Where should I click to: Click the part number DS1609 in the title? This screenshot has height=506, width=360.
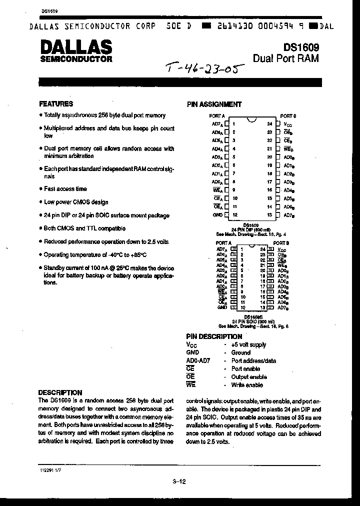(x=301, y=47)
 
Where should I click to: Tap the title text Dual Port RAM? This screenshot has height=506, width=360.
(x=285, y=59)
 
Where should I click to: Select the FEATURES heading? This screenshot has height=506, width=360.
(x=56, y=104)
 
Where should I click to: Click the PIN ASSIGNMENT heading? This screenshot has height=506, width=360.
(x=214, y=104)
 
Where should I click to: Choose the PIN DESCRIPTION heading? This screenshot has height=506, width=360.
(x=214, y=336)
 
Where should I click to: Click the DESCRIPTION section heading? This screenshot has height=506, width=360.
(x=60, y=392)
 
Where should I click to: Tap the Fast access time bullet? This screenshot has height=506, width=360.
(x=65, y=189)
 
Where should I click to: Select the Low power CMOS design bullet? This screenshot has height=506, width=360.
(x=75, y=202)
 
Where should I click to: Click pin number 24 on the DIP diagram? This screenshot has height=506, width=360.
(x=269, y=123)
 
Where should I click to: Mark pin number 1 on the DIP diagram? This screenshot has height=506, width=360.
(x=233, y=123)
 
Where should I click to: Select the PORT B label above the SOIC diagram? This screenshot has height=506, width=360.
(x=279, y=243)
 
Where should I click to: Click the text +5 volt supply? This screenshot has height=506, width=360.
(x=248, y=344)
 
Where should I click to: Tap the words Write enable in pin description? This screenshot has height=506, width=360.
(x=246, y=385)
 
